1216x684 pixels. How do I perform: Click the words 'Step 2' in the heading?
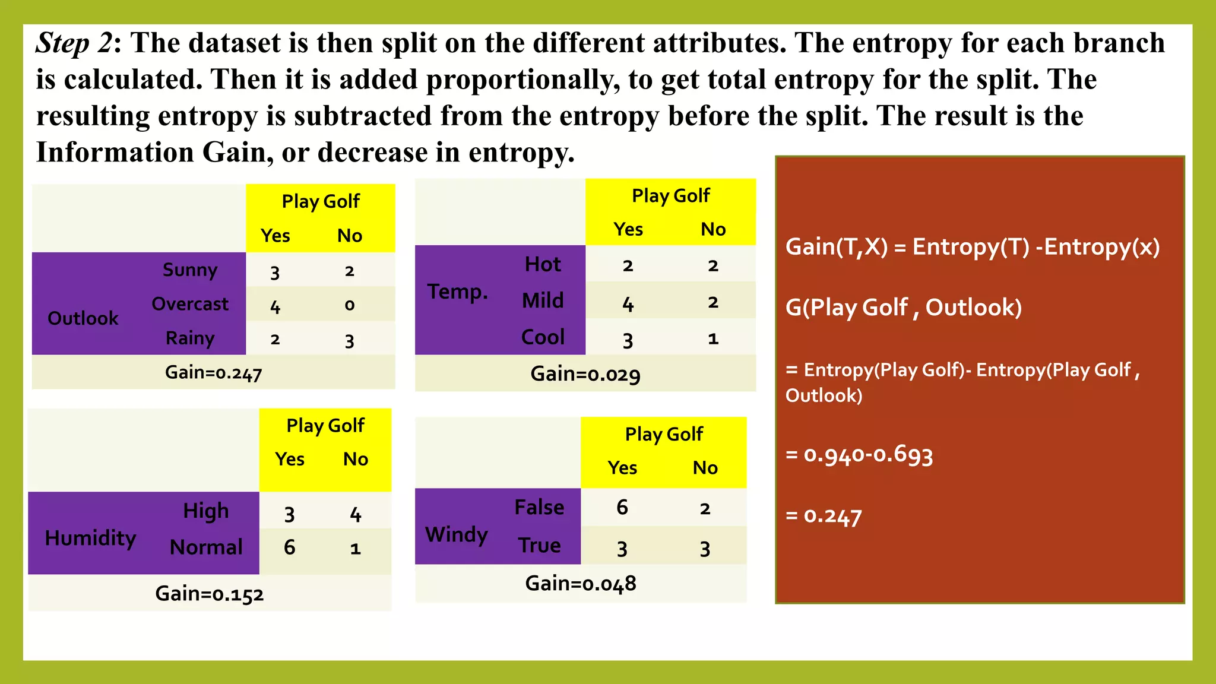point(74,43)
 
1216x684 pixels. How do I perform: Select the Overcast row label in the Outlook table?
point(189,304)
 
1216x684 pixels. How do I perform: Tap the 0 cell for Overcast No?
point(349,305)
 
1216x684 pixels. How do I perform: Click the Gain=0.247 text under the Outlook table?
point(213,373)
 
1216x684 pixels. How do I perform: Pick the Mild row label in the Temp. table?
point(543,300)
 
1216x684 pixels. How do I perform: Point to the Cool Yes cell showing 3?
point(628,340)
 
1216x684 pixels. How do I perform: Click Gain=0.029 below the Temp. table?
point(585,374)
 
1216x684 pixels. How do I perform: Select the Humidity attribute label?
point(90,538)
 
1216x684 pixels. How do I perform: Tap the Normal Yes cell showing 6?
point(289,547)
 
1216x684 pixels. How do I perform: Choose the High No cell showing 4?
point(355,514)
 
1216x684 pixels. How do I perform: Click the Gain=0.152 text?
point(209,594)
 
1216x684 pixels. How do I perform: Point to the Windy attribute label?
point(456,534)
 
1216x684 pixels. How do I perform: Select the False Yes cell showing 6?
point(622,507)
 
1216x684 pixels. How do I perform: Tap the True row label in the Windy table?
point(539,545)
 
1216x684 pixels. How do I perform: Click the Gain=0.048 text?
point(580,584)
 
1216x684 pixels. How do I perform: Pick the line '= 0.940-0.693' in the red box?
point(859,455)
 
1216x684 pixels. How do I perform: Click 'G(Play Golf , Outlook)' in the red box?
point(903,308)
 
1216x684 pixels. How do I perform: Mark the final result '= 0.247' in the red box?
point(823,516)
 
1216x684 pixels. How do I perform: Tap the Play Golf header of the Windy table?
point(663,434)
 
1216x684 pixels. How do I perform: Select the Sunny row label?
point(190,270)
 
